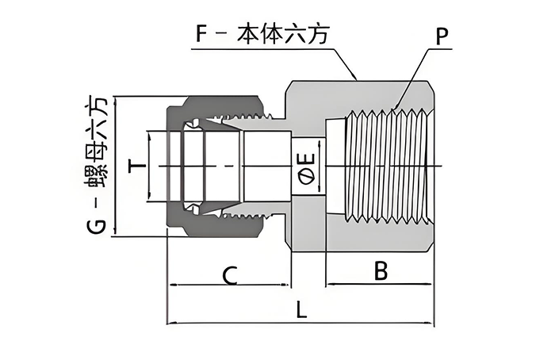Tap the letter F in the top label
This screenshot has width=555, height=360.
tap(202, 35)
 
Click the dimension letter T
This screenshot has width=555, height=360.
tap(136, 166)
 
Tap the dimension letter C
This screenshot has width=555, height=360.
tap(228, 275)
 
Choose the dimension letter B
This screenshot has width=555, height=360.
tap(381, 272)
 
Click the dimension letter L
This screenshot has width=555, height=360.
tap(300, 310)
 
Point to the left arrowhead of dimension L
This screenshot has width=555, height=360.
tap(170, 323)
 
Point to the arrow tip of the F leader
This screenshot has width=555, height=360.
tap(355, 79)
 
